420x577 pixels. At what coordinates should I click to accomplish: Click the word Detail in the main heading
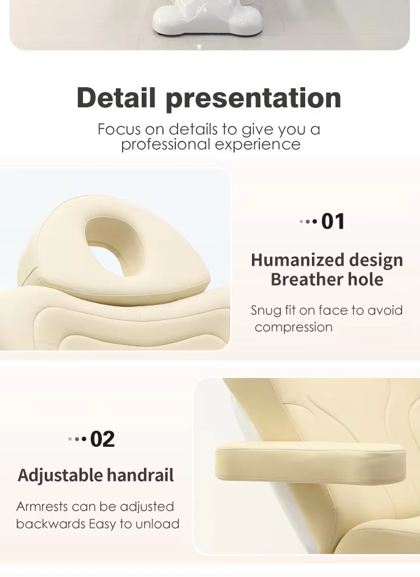point(116,97)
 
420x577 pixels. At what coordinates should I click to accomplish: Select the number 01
point(333,221)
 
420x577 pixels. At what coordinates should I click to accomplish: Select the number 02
point(102,439)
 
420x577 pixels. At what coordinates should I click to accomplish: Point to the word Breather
point(302,280)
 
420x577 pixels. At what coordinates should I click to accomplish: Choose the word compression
point(293,328)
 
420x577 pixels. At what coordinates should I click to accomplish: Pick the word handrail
point(140,475)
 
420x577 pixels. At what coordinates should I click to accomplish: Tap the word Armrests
point(42,507)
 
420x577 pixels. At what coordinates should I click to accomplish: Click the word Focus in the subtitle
point(119,129)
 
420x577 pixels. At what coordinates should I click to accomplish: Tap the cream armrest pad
point(310,461)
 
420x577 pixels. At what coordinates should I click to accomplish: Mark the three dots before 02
point(77,439)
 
